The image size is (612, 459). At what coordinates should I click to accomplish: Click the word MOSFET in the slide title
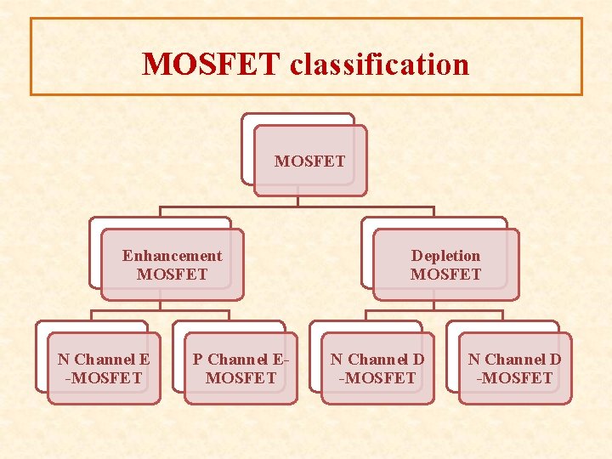[x=211, y=64]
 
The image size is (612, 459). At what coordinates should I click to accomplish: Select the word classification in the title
[x=379, y=64]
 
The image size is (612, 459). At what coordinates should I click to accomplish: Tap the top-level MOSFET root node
[x=310, y=161]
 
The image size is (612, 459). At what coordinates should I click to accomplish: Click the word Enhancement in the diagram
[x=172, y=256]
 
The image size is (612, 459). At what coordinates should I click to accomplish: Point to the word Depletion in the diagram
[x=445, y=256]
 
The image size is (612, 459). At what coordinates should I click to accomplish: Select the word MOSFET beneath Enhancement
[x=172, y=275]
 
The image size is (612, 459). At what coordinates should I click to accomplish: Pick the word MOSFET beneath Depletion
[x=445, y=275]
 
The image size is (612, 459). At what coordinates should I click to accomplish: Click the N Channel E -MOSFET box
[x=104, y=367]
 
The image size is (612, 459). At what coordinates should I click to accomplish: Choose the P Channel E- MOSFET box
[x=241, y=367]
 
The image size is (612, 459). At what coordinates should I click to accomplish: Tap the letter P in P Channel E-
[x=198, y=360]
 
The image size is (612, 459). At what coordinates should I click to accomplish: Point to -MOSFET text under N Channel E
[x=104, y=377]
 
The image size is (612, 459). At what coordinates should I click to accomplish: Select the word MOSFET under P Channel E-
[x=241, y=377]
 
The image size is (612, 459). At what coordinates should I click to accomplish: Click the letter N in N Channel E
[x=63, y=360]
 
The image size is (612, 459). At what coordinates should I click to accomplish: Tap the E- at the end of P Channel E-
[x=281, y=360]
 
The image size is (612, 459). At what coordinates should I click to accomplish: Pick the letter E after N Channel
[x=144, y=360]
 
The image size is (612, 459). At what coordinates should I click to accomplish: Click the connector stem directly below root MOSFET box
[x=297, y=201]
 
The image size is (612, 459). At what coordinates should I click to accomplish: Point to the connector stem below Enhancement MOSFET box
[x=160, y=305]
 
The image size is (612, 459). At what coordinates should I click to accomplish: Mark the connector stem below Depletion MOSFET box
[x=433, y=305]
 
